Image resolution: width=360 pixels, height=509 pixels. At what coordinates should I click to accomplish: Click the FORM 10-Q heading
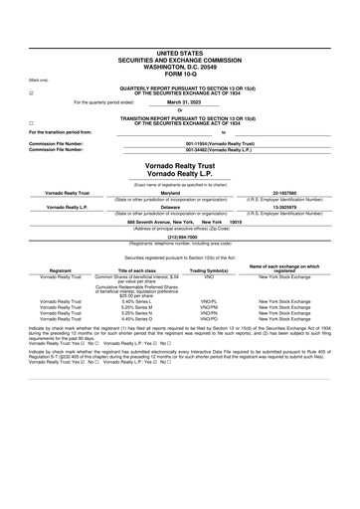click(x=180, y=74)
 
